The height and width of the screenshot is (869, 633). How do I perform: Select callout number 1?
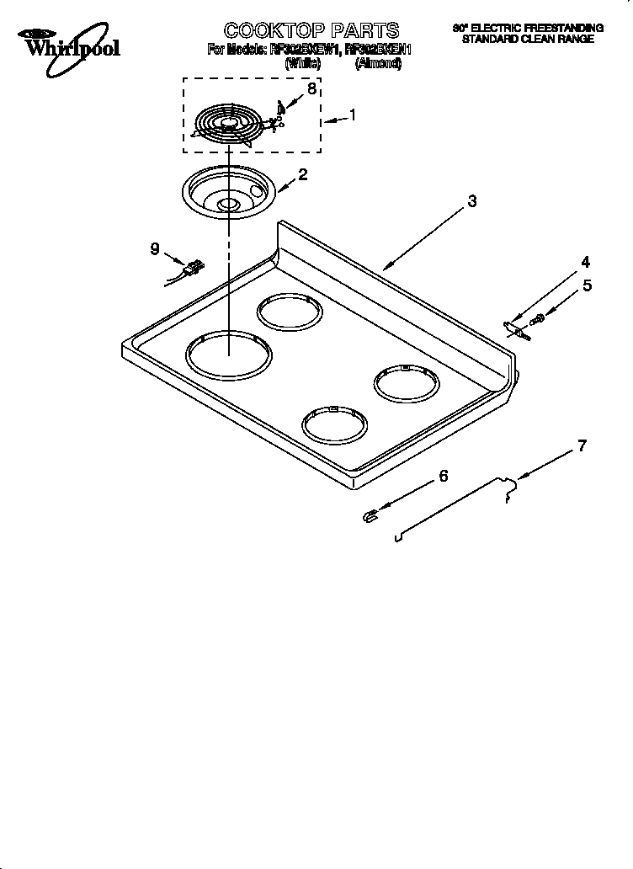pos(353,116)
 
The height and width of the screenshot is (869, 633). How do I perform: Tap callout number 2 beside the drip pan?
pos(302,175)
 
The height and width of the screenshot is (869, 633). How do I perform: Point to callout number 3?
pos(472,201)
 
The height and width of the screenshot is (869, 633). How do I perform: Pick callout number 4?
pos(586,262)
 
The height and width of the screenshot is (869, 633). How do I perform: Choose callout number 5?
pos(587,285)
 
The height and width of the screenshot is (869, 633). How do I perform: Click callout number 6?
pos(444,477)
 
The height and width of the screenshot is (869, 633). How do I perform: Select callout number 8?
pos(312,89)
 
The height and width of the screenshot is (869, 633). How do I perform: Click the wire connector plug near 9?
pos(194,269)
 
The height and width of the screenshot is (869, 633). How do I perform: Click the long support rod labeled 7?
pos(455,505)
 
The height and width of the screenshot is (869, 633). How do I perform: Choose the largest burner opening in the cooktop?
pos(229,353)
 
